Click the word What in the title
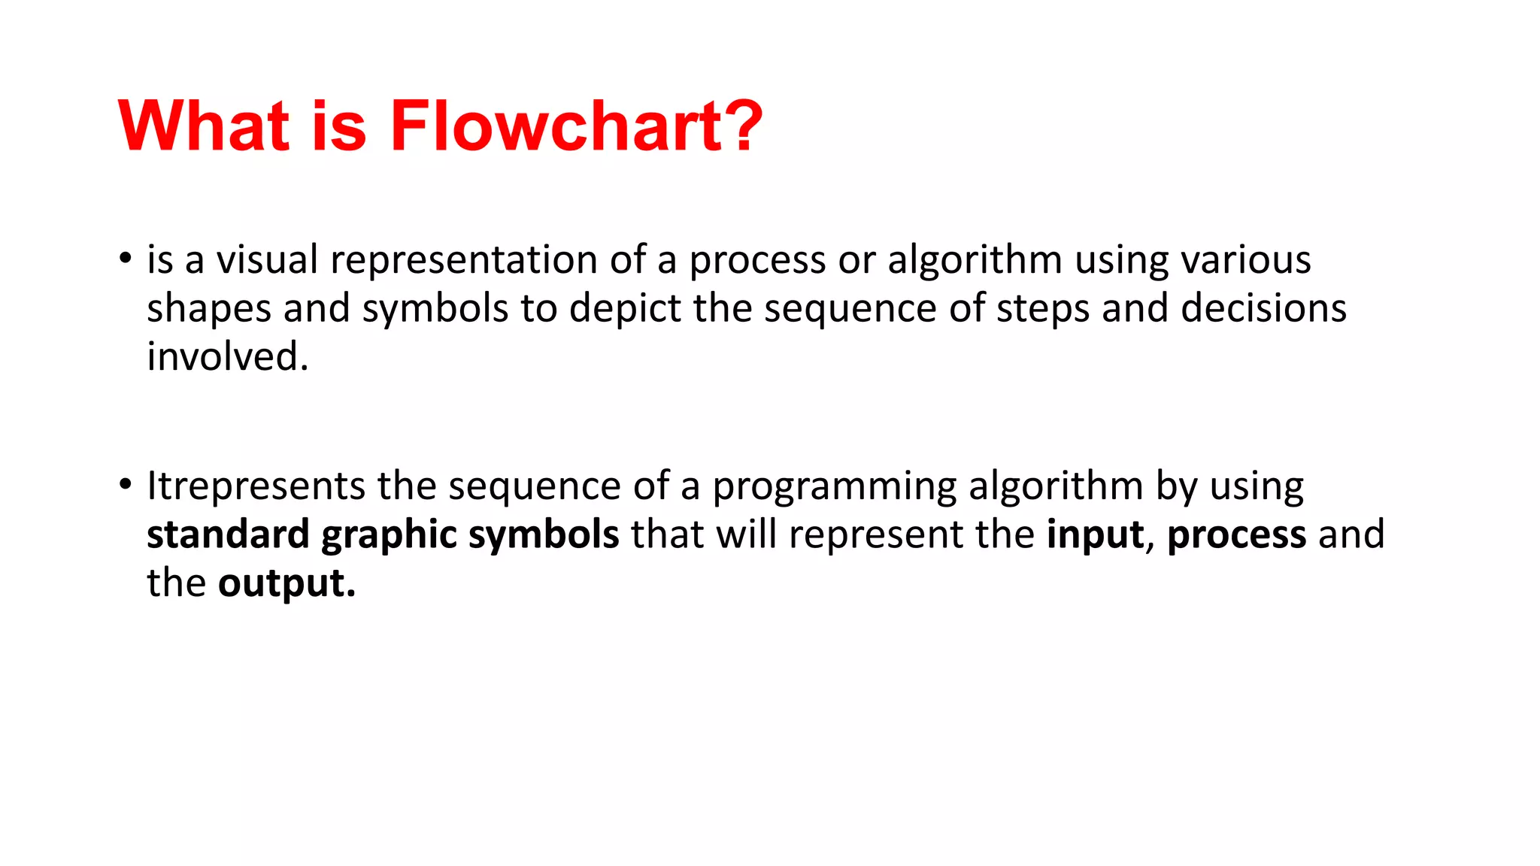(x=204, y=126)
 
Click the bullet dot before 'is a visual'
(x=125, y=258)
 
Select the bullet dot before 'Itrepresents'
(x=125, y=484)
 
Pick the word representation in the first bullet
(x=463, y=261)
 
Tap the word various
(x=1246, y=259)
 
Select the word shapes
(x=208, y=309)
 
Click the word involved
(x=226, y=356)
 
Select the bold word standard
(x=228, y=534)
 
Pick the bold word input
(x=1095, y=535)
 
